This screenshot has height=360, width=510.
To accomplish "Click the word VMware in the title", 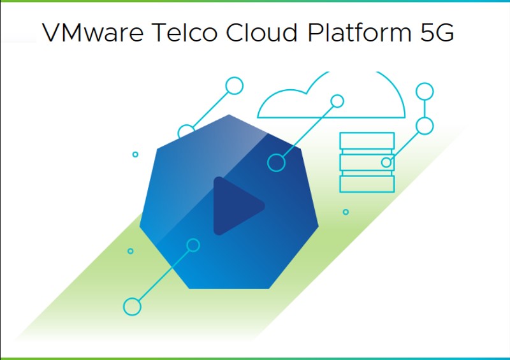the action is (x=92, y=32).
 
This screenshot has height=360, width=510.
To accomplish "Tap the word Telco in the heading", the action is (x=184, y=32).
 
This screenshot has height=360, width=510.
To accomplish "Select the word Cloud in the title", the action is (x=262, y=32).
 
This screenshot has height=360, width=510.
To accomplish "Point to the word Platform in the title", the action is (x=360, y=32).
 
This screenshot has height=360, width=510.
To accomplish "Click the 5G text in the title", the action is (x=437, y=32).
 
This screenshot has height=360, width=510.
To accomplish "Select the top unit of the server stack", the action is (x=367, y=140).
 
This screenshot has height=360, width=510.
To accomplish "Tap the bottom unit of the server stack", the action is (x=367, y=184).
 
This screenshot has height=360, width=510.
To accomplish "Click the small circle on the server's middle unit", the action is (x=386, y=162).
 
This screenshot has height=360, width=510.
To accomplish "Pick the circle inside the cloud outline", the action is (x=337, y=101).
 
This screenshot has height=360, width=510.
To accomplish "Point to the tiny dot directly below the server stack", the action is (x=346, y=212).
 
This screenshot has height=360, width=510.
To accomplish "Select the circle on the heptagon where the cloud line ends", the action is (x=276, y=162).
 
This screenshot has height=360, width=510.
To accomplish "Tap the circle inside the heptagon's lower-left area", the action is (x=193, y=245).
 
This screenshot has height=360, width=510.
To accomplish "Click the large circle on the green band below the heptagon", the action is (x=132, y=306).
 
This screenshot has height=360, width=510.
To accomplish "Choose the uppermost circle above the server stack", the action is (x=425, y=91).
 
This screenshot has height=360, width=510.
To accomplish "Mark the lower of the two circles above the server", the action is (x=425, y=126).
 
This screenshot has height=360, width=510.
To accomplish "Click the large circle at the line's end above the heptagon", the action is (x=235, y=86).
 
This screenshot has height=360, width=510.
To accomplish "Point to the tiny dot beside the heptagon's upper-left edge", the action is (x=135, y=154).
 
